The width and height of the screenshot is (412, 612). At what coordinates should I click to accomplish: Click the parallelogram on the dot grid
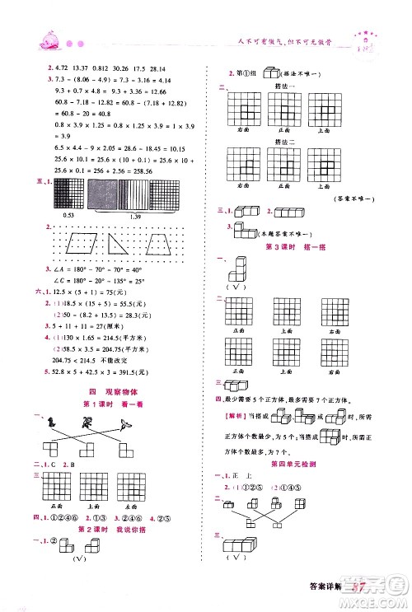(80, 245)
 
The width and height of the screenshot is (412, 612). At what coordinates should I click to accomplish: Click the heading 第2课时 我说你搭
(109, 530)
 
